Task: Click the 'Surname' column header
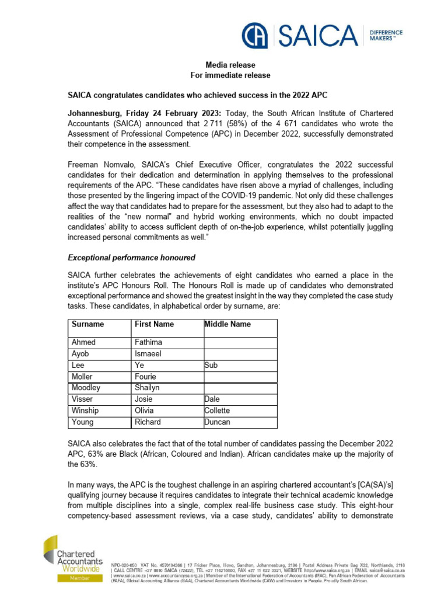87,324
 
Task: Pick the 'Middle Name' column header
228,324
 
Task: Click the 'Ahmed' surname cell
83,343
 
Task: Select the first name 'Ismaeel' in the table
148,354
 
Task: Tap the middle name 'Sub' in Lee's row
211,366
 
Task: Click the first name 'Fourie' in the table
146,377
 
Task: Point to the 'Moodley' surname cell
86,388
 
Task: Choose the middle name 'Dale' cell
213,399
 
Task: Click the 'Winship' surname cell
86,411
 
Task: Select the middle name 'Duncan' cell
217,422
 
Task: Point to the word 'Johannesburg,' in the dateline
97,113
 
